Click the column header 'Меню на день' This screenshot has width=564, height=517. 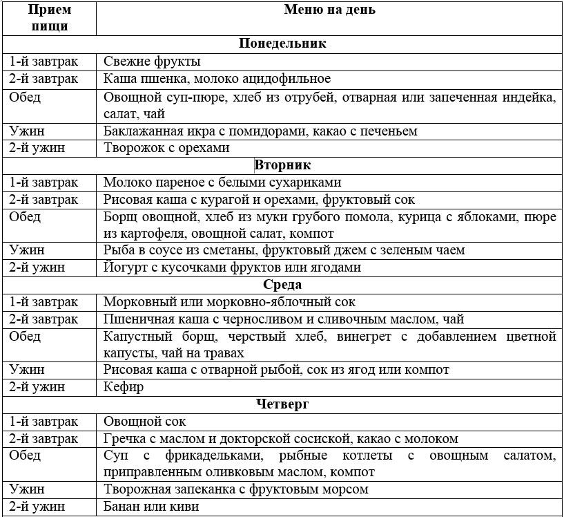[x=329, y=10]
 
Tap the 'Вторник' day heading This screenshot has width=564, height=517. [x=282, y=165]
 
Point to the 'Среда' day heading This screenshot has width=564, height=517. [x=282, y=285]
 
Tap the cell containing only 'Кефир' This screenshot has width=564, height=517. [x=124, y=387]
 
